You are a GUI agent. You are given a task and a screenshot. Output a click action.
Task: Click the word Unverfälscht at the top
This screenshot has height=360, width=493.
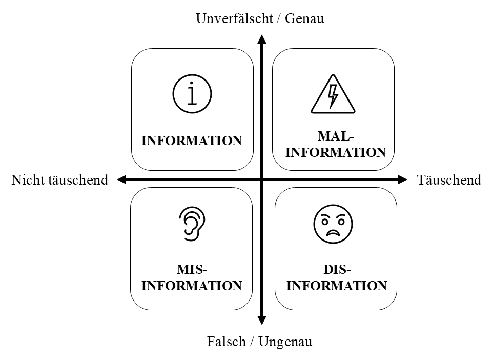click(x=235, y=18)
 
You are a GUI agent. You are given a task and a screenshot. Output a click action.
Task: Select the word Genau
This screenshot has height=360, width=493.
click(x=304, y=18)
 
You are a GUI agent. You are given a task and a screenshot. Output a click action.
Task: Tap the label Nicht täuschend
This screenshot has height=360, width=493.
click(x=60, y=180)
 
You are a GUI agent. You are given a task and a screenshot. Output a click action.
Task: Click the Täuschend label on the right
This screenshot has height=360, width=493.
click(x=449, y=180)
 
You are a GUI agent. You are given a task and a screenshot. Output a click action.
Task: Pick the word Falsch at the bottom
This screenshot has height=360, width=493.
click(x=226, y=342)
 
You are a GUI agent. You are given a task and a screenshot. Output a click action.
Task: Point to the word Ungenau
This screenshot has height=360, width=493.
click(x=285, y=342)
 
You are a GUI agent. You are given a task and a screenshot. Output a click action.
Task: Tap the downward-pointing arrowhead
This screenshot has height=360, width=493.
click(x=261, y=321)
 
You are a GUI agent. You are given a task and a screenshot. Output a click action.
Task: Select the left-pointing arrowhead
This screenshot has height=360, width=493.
click(x=121, y=179)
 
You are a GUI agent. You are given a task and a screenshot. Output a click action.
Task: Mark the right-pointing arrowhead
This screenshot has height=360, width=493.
click(x=402, y=179)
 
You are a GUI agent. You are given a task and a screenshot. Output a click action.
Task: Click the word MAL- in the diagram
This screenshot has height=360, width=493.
click(x=336, y=136)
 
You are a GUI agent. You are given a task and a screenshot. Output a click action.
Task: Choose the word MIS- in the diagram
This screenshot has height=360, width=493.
click(x=192, y=270)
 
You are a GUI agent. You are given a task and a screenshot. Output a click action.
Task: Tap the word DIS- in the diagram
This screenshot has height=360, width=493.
click(x=337, y=270)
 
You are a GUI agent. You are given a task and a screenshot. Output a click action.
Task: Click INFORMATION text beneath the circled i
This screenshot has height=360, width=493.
click(x=192, y=141)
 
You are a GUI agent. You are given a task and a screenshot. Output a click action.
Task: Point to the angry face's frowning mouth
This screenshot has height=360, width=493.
click(x=333, y=233)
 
